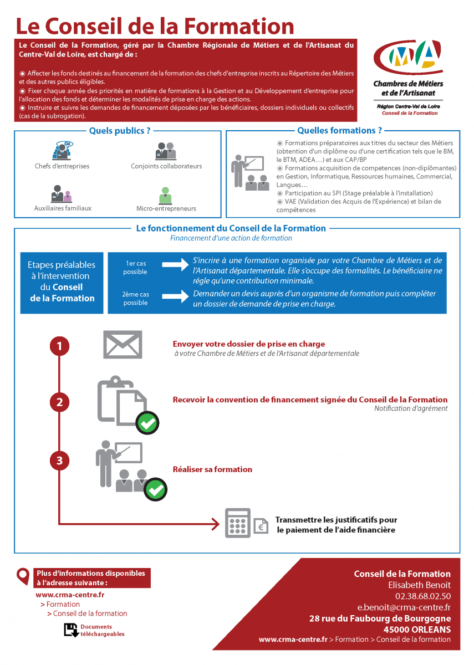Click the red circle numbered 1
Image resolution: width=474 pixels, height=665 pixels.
59,346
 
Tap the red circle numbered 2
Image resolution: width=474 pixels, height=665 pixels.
59,402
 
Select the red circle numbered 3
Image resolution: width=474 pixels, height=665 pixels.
59,460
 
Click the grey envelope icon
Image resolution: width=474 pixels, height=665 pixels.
123,344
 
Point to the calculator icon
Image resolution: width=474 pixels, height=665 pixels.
237,523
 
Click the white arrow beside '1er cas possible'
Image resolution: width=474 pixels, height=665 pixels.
175,265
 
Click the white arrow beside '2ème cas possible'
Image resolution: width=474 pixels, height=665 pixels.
175,296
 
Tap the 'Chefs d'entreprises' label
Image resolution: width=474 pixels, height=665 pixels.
62,166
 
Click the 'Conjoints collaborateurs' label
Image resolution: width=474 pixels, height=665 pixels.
166,166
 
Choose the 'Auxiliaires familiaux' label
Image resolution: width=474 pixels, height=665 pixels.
63,208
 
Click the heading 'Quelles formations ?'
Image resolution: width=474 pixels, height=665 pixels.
339,131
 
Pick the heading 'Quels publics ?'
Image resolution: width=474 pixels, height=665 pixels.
120,131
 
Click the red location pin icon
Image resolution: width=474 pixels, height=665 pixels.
23,576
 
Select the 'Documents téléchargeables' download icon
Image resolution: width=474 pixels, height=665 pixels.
70,630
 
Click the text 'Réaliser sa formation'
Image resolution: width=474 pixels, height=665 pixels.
212,469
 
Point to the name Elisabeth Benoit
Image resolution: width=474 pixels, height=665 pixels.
420,585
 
